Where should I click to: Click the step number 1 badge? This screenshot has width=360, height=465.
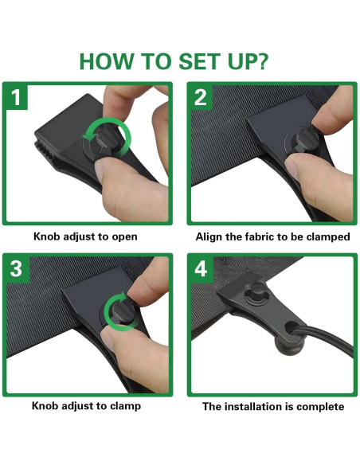coord(16,97)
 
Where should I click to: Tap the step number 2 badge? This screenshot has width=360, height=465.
coord(201,97)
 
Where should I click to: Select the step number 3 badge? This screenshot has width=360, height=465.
coord(17,268)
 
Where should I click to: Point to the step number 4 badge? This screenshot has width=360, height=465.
coord(202,269)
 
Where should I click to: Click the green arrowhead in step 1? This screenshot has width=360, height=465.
coord(88,137)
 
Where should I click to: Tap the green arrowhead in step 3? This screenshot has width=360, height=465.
coord(123,296)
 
